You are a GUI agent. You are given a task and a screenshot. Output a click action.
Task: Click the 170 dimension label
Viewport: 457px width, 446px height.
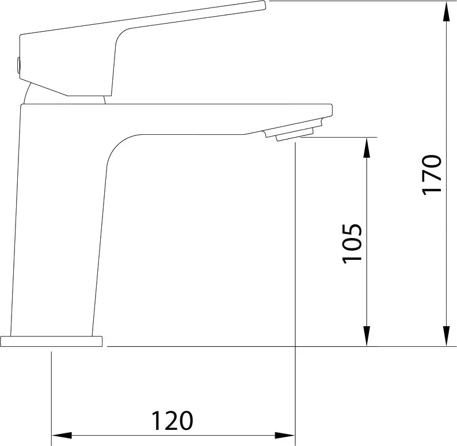click(432, 175)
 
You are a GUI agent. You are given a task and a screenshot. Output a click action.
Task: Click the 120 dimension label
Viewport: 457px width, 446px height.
click(172, 421)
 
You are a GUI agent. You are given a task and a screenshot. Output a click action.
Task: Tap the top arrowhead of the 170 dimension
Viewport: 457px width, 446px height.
click(447, 11)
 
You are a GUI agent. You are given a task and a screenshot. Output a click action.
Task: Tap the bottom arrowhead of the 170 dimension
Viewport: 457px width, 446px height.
click(447, 337)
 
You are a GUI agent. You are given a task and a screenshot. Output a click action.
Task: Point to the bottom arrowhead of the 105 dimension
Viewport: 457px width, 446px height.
click(367, 337)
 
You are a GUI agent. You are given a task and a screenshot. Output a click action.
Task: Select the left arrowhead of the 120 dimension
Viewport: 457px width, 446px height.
click(62, 436)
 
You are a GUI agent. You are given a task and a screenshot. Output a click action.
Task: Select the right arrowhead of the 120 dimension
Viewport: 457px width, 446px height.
click(285, 436)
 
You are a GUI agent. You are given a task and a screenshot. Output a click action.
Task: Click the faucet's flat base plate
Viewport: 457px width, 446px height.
click(51, 341)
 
